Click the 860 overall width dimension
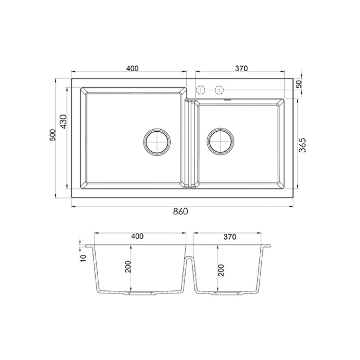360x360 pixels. coord(180,211)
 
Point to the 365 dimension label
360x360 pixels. coord(302,145)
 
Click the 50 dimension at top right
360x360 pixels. coord(299,84)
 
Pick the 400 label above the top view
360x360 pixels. coord(133,68)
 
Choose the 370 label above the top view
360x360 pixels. coord(241,68)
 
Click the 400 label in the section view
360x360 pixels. coord(137,236)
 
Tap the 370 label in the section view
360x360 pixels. coord(230,237)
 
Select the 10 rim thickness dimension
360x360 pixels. coord(83,258)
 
